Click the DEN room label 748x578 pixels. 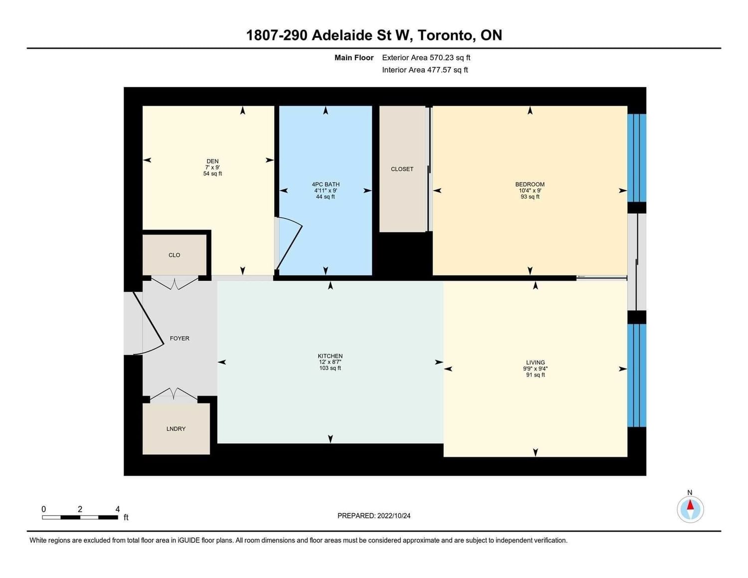point(212,161)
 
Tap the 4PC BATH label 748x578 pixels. point(325,184)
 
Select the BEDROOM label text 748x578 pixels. point(530,184)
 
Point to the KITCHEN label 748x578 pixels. point(330,356)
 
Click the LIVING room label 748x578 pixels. point(535,363)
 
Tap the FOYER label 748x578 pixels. point(180,339)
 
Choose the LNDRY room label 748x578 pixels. point(176,428)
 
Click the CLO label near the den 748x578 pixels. point(174,255)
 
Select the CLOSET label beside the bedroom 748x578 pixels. point(402,169)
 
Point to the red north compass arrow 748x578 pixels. point(690,505)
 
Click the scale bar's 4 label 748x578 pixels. point(118,509)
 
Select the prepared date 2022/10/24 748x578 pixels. point(394,516)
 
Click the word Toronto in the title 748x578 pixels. point(446,35)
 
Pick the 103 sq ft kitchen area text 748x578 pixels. point(330,368)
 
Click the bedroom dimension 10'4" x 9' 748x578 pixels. point(530,191)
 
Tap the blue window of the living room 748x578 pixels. point(636,376)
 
